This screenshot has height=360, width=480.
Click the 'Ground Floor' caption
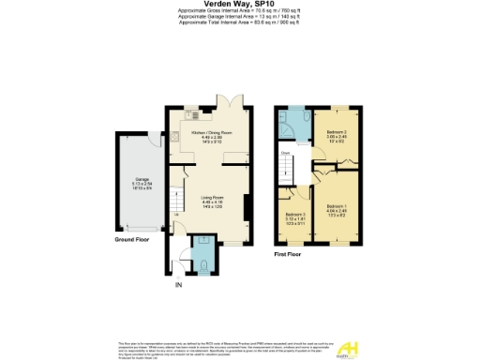point(133,240)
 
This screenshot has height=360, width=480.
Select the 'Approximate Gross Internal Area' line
point(239,11)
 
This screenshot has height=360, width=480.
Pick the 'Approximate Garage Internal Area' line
point(239,16)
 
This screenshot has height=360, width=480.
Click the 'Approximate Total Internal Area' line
point(239,22)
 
